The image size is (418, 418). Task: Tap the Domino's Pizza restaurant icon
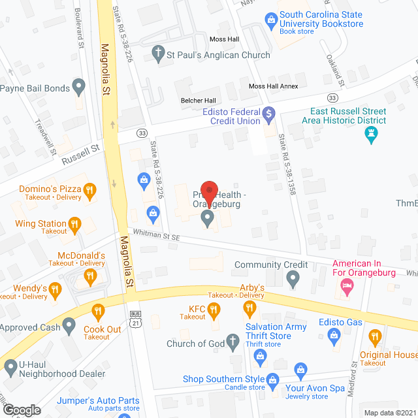tap(90, 190)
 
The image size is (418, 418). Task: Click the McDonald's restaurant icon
tap(89, 279)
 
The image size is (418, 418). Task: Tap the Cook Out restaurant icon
tap(99, 311)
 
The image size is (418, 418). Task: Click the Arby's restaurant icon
tap(248, 306)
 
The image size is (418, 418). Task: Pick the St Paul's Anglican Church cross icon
tap(158, 54)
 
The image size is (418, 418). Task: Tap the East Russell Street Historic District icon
tap(371, 136)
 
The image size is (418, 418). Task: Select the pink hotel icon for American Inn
tap(347, 285)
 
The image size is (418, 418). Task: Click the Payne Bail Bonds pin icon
tap(79, 86)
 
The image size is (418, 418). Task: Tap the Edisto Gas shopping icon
tap(335, 338)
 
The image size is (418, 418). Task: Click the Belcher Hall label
tap(199, 101)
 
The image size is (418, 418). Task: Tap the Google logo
tap(22, 410)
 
